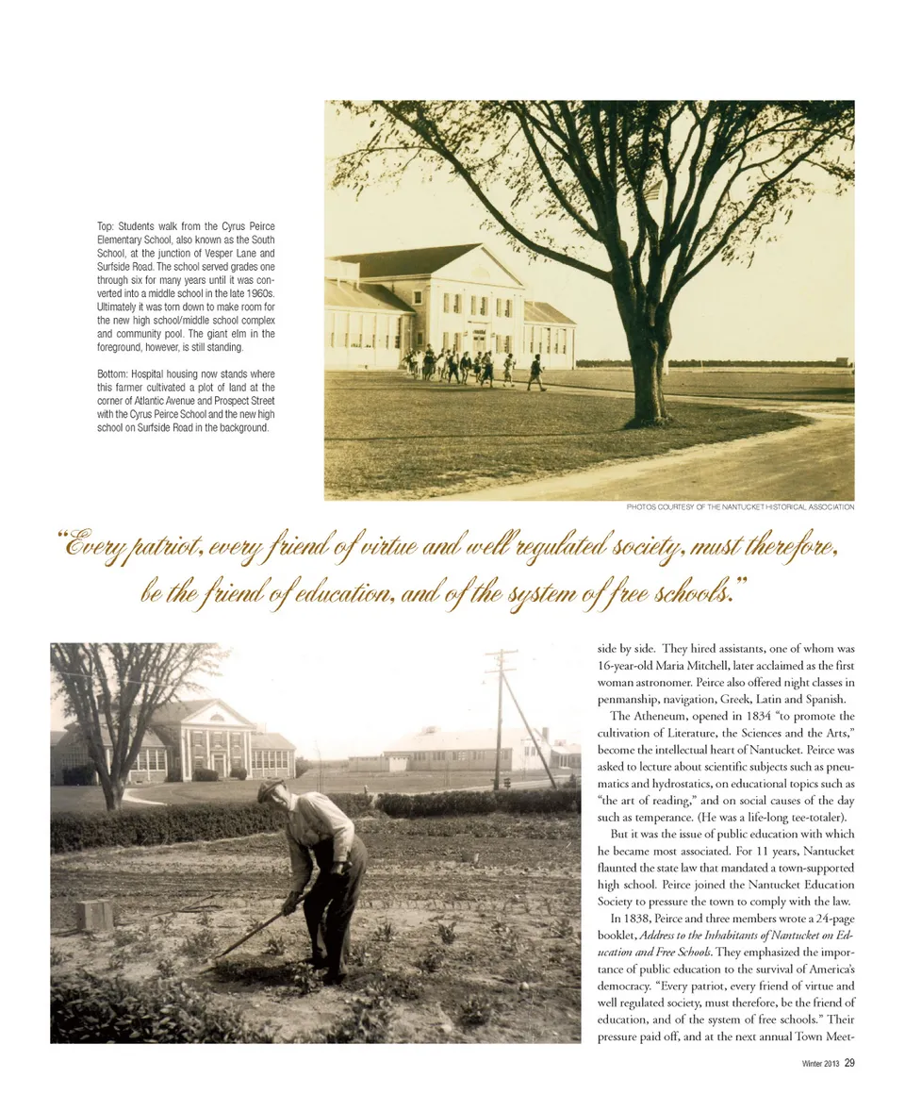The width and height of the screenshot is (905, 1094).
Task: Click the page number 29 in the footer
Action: [x=849, y=1064]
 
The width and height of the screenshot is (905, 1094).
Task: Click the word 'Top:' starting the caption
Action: [x=107, y=227]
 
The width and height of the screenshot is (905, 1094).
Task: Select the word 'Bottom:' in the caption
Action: [x=116, y=374]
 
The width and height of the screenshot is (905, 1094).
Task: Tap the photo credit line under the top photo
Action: [x=740, y=507]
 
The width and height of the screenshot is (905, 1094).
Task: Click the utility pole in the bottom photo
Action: [x=500, y=717]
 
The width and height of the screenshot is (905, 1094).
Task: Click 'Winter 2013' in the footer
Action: [x=817, y=1064]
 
